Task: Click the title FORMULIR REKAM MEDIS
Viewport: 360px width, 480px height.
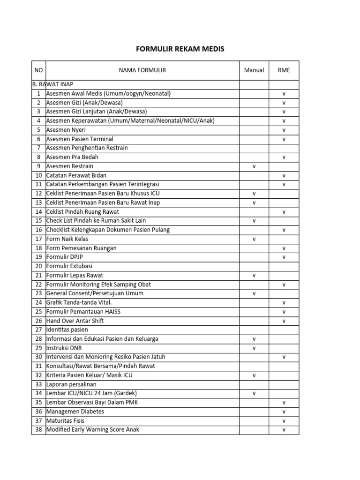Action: [x=180, y=49]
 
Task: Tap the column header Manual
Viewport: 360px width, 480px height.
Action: [x=254, y=70]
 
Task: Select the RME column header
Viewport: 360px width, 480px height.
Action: [x=284, y=70]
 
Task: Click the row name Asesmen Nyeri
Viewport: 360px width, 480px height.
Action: [x=66, y=130]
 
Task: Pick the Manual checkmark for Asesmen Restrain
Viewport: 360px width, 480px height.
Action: [x=254, y=166]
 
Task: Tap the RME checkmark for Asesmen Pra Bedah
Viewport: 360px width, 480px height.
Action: [x=284, y=157]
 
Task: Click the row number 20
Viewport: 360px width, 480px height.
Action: [x=38, y=266]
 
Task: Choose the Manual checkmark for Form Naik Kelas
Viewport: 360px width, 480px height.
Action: [x=254, y=239]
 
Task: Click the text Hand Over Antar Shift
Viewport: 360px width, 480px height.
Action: [x=75, y=321]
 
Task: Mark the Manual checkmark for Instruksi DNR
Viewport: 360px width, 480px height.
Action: [x=254, y=348]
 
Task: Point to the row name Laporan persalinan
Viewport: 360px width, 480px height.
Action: [x=71, y=384]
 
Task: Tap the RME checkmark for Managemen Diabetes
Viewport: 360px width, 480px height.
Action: [x=284, y=412]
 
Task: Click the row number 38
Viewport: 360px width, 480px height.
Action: [x=38, y=429]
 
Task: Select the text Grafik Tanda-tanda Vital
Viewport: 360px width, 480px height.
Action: [x=78, y=302]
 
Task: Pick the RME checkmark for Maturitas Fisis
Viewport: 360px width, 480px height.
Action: [x=284, y=420]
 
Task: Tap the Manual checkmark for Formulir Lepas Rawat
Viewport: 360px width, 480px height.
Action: [x=254, y=275]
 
